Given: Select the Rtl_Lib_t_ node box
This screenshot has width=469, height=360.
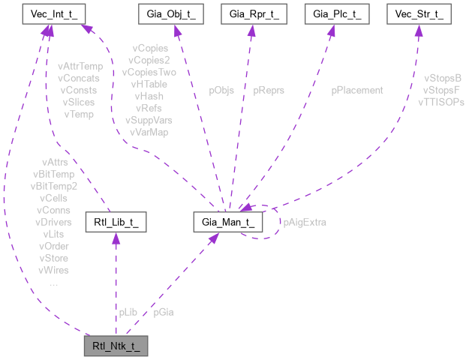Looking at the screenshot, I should [x=116, y=223].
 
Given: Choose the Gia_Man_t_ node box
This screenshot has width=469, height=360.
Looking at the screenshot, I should [x=229, y=223].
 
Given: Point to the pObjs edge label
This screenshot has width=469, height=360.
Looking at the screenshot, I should [x=221, y=90].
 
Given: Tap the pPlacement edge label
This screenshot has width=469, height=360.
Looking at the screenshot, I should [x=357, y=90].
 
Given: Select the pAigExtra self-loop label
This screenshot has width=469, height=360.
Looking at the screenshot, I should [x=304, y=222].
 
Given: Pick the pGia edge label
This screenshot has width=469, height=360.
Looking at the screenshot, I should [x=163, y=311].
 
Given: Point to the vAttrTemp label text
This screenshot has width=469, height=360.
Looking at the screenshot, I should [x=80, y=66].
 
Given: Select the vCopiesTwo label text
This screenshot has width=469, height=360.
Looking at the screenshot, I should [x=149, y=72].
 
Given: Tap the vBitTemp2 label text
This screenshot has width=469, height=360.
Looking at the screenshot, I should [x=54, y=185].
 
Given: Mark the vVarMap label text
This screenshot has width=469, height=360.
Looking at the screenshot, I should [x=149, y=132].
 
